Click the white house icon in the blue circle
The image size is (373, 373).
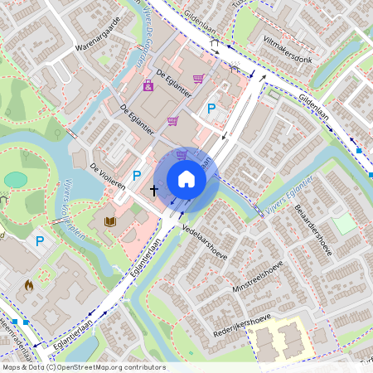coord(186,178)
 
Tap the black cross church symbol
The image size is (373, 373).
coord(153,190)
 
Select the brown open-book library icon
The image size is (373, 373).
coord(109,221)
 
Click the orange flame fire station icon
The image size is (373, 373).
coord(29,286)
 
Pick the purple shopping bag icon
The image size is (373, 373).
coord(148,85)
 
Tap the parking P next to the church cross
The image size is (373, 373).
coord(137,176)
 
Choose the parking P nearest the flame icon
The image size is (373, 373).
coord(39,242)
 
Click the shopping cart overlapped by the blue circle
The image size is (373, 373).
coord(182,154)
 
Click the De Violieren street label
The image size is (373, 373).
coord(108,175)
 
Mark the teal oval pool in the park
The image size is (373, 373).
coord(15,179)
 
